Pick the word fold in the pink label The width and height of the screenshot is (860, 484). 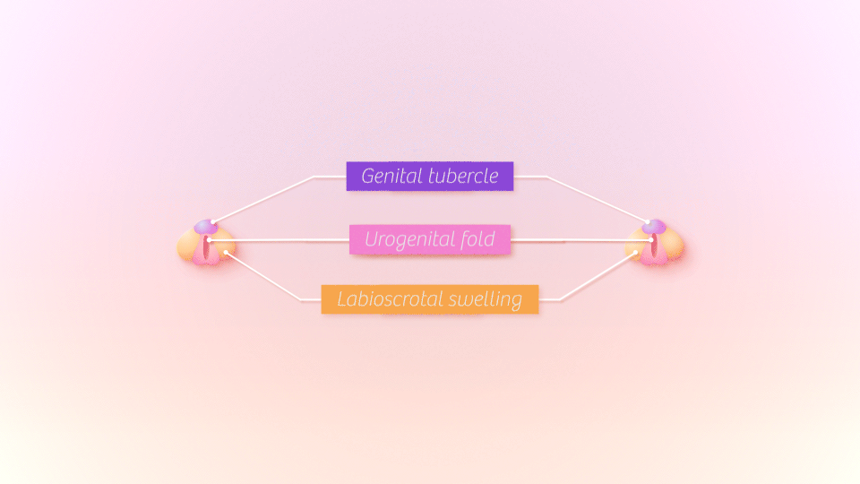click(x=477, y=239)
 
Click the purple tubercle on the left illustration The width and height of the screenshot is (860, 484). click(x=205, y=227)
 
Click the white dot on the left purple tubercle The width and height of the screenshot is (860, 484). click(x=213, y=222)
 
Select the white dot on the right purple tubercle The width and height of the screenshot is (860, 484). click(x=647, y=222)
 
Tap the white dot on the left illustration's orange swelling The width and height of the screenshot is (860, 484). click(x=226, y=253)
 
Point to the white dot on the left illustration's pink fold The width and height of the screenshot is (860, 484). click(x=207, y=239)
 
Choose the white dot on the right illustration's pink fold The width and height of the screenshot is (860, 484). click(x=651, y=240)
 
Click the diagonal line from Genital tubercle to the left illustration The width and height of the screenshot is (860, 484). click(x=264, y=199)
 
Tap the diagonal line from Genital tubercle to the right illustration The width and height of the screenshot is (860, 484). click(x=596, y=199)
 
